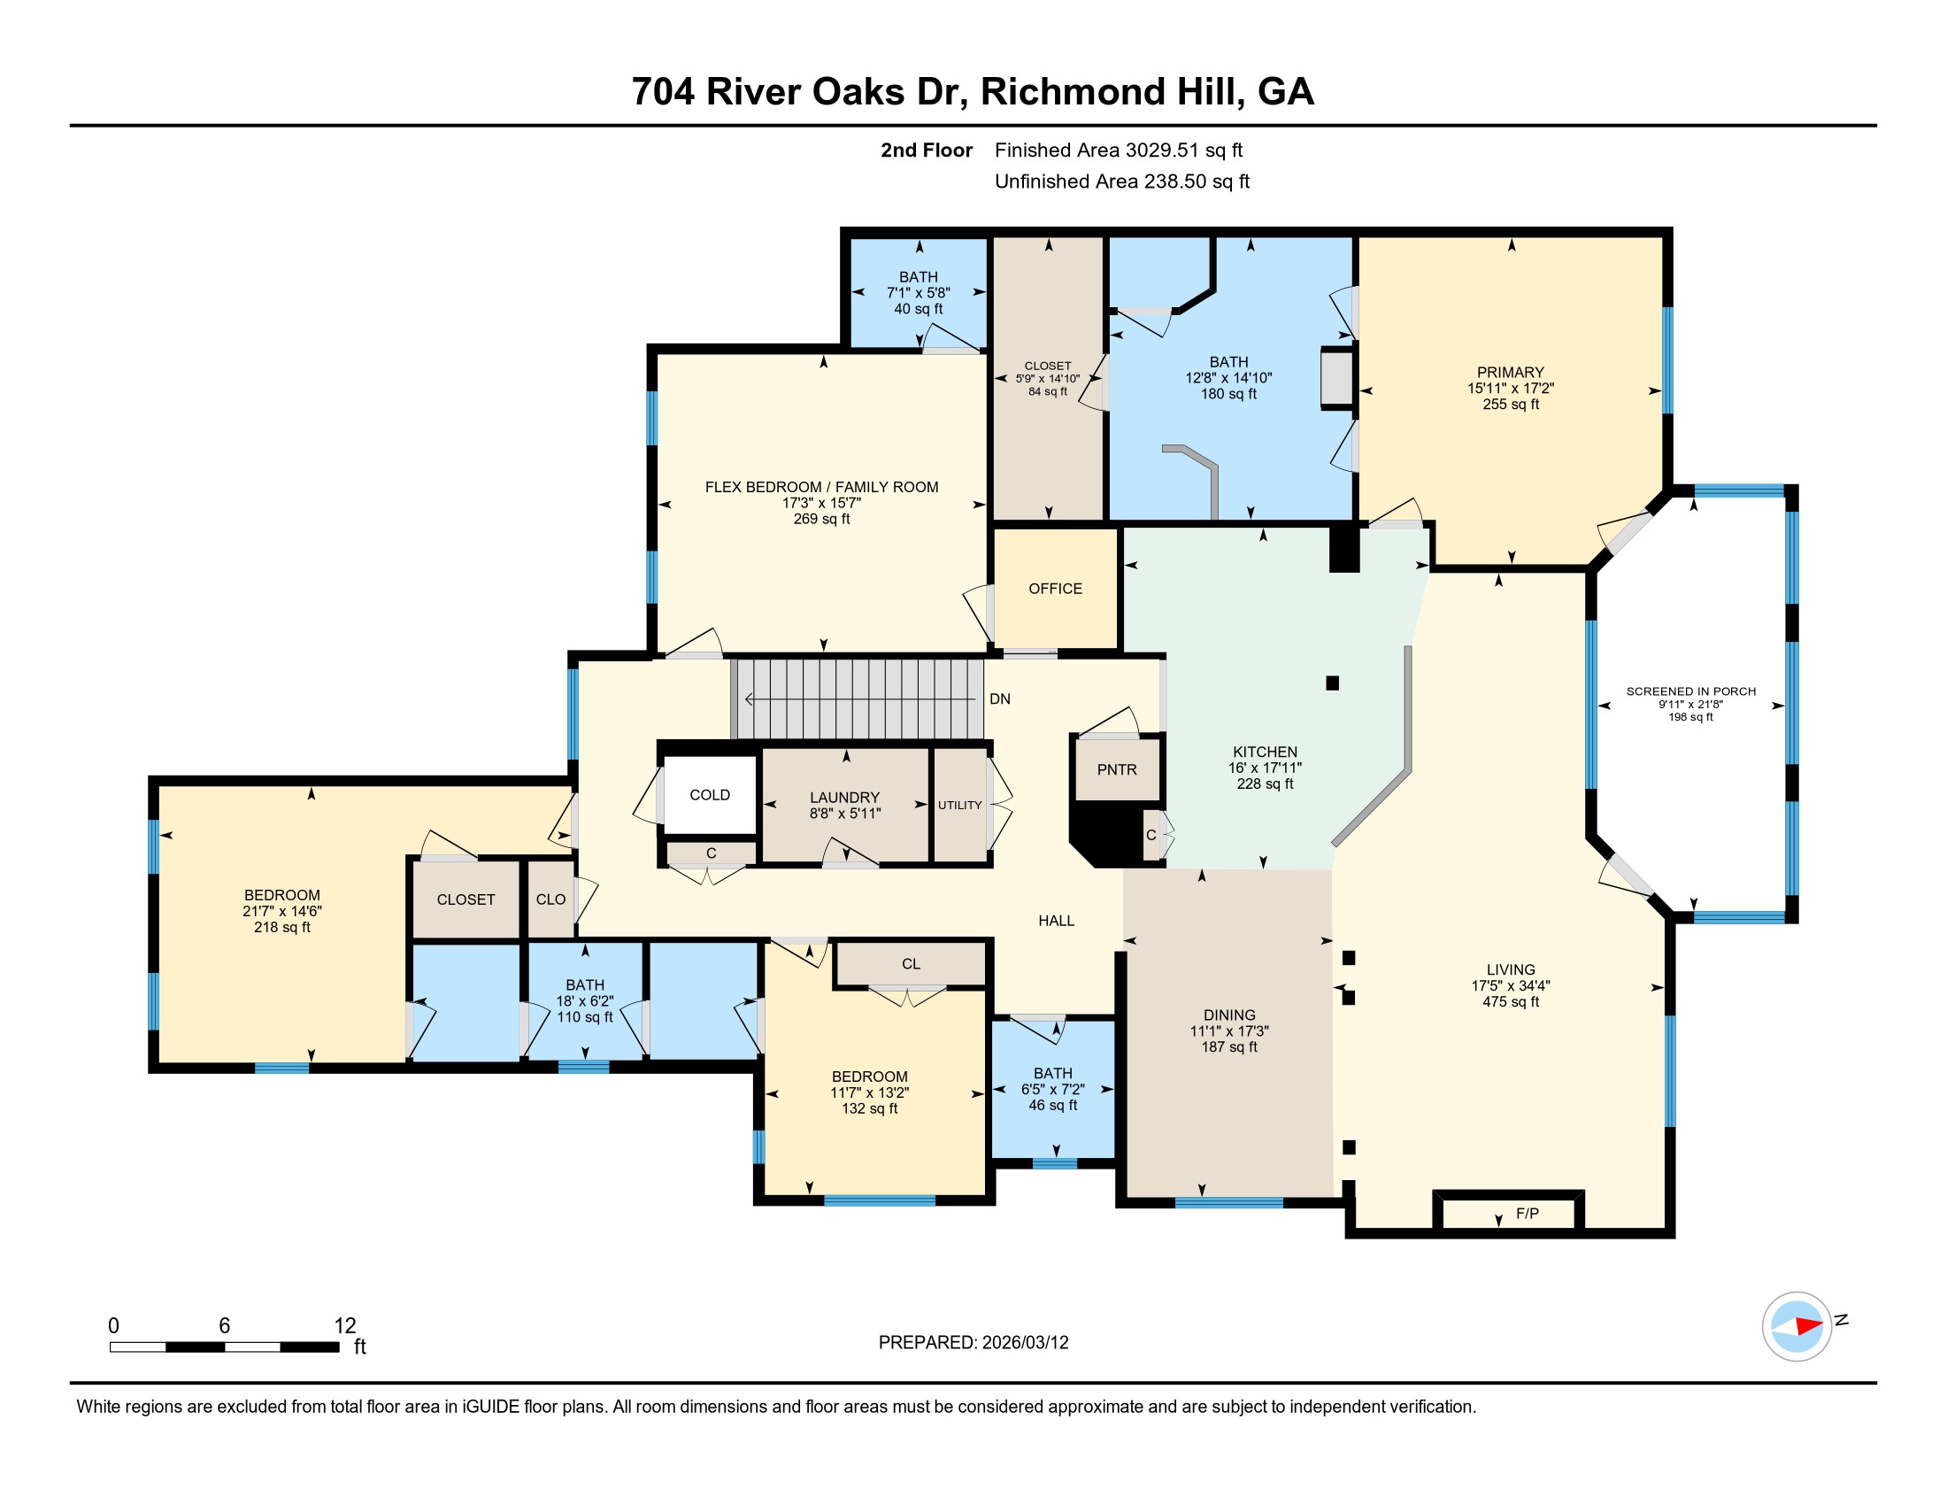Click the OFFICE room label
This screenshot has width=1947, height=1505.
pyautogui.click(x=1055, y=589)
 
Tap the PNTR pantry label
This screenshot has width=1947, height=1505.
pyautogui.click(x=1116, y=769)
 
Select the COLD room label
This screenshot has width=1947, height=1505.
pyautogui.click(x=710, y=794)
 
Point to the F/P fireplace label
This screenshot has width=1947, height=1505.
pyautogui.click(x=1528, y=1213)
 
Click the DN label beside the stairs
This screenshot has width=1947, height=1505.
pyautogui.click(x=999, y=699)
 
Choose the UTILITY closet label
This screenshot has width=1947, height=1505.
pyautogui.click(x=959, y=805)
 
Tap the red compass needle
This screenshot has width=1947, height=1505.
pyautogui.click(x=1809, y=1326)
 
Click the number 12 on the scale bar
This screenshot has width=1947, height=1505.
pyautogui.click(x=345, y=1326)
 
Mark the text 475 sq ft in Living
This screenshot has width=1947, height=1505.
pyautogui.click(x=1511, y=1002)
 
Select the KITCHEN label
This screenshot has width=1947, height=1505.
pyautogui.click(x=1265, y=752)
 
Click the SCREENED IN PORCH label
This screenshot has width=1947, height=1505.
pyautogui.click(x=1691, y=691)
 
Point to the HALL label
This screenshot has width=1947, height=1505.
pyautogui.click(x=1057, y=920)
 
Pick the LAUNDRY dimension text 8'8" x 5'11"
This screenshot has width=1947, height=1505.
pyautogui.click(x=845, y=813)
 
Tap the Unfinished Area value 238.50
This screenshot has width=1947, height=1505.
pyautogui.click(x=1174, y=181)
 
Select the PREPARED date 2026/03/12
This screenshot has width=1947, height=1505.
pyautogui.click(x=1025, y=1342)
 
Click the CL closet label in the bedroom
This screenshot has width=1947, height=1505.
pyautogui.click(x=910, y=964)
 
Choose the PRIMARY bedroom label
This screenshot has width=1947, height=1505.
pyautogui.click(x=1510, y=373)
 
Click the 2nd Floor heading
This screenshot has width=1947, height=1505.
pyautogui.click(x=927, y=150)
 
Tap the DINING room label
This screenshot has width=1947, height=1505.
pyautogui.click(x=1229, y=1015)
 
